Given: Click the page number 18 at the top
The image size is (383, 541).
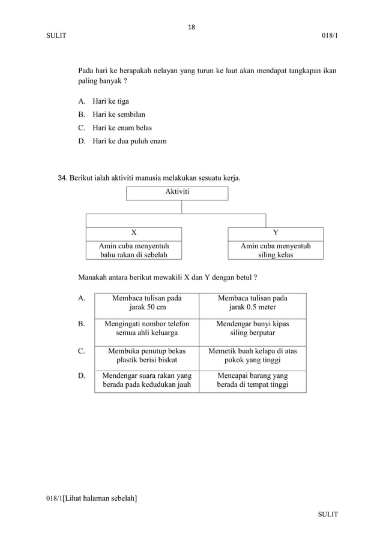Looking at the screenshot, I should point(191,27).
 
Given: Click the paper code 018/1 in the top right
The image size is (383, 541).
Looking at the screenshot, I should point(329,37).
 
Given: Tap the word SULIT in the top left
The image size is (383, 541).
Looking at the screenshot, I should point(56,37).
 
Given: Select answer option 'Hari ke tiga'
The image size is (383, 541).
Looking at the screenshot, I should point(110,101).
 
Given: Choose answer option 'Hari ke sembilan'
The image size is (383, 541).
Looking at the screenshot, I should point(119,114).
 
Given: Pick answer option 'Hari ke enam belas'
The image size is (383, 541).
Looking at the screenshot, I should point(122,128).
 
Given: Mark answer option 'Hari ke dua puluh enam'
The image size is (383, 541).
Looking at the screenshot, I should point(129,142).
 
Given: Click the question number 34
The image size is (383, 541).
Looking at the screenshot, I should point(62,178).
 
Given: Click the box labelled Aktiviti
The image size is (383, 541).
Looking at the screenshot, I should point(177,193).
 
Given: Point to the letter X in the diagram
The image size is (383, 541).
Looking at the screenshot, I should point(134,233).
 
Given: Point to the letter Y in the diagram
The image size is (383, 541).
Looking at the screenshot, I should point(276,233).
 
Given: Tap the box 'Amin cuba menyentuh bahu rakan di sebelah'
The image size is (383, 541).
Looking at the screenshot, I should point(134,251).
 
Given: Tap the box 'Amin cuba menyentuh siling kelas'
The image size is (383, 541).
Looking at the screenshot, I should point(276,251).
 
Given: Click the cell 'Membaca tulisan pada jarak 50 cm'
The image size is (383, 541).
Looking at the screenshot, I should point(147,303).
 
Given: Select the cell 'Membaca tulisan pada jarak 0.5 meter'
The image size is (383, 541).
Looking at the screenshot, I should point(253,303).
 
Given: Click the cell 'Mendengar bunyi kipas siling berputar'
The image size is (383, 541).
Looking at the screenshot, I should point(253,329).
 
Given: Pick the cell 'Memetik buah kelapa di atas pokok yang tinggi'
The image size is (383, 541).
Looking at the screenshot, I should point(253,356).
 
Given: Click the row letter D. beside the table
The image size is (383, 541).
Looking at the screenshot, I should point(82,376).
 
